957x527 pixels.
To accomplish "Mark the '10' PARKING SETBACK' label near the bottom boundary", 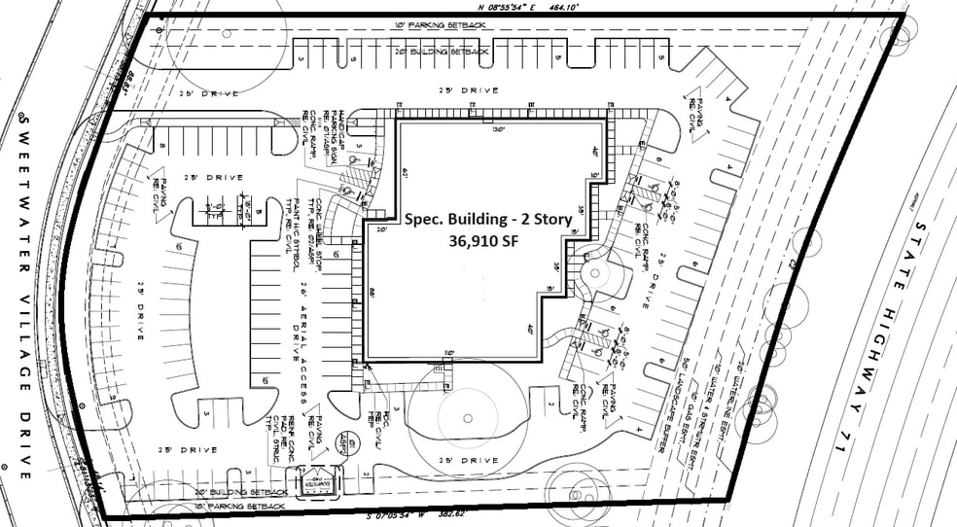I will point(239,508).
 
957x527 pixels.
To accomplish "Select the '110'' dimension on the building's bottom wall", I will point(449,351).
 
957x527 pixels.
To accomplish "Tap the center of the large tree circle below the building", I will point(468,419).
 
